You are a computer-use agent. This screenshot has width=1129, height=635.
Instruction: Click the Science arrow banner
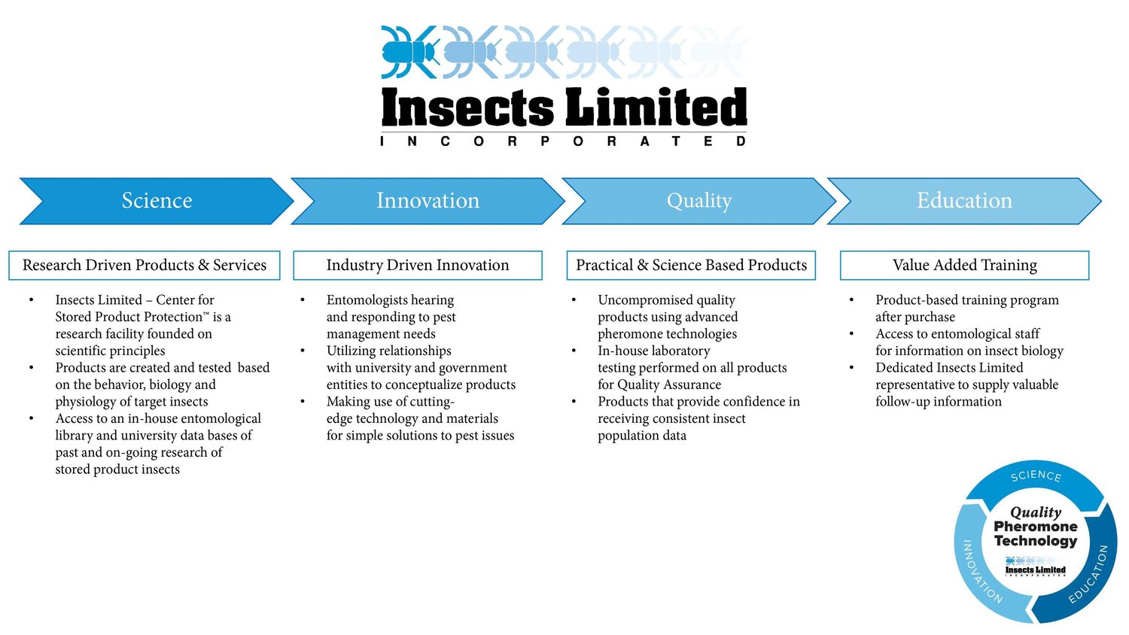click(x=157, y=201)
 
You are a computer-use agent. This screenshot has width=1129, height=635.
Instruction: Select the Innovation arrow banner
click(x=428, y=201)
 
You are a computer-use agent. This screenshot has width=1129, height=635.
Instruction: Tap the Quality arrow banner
click(x=698, y=201)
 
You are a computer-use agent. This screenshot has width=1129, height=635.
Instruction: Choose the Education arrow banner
click(x=964, y=201)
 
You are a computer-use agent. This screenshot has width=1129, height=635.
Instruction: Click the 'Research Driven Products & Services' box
click(x=145, y=265)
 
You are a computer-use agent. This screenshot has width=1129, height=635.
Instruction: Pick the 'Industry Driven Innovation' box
click(x=418, y=265)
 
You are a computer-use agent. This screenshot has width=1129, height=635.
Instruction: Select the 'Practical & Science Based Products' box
click(x=691, y=265)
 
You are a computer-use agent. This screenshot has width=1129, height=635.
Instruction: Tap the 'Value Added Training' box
click(x=964, y=265)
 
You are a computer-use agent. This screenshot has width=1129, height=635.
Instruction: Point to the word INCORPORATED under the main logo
click(x=564, y=141)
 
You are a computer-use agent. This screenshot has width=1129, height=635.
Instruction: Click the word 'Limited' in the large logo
click(x=656, y=107)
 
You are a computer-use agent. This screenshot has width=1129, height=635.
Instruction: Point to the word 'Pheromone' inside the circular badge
click(x=1035, y=527)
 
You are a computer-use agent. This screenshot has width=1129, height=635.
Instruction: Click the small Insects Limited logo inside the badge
click(x=1035, y=566)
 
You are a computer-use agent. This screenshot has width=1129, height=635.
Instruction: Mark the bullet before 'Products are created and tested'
click(x=32, y=368)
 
